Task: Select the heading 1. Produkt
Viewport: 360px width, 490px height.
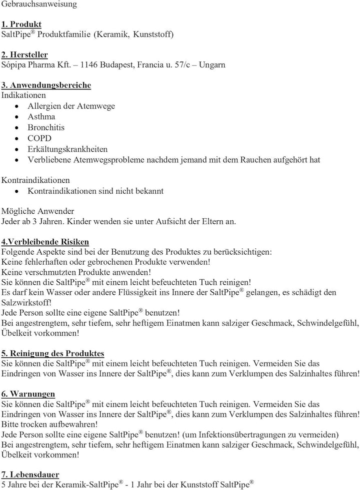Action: (21, 24)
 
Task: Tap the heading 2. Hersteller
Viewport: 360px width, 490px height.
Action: (24, 54)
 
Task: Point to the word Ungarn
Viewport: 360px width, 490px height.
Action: (211, 65)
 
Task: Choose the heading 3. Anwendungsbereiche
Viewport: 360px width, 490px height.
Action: (46, 85)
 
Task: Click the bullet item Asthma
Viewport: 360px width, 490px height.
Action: (41, 116)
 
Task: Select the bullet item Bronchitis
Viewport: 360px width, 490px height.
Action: (46, 127)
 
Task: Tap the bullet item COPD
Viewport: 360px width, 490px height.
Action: (39, 138)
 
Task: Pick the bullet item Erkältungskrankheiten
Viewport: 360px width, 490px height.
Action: (67, 149)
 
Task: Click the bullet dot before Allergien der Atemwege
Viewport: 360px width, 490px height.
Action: (17, 106)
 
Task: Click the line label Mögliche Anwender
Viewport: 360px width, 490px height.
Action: (38, 210)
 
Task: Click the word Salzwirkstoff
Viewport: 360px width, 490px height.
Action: (26, 302)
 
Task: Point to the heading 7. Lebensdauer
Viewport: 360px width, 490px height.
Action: (30, 474)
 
